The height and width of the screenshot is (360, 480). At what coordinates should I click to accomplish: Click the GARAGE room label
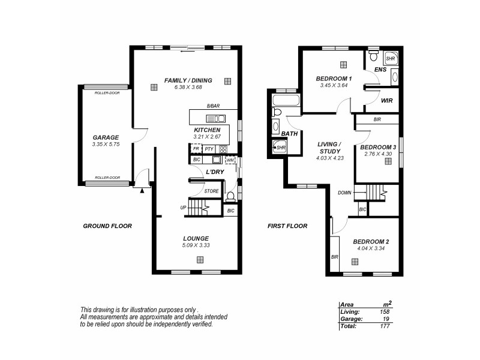coord(105,137)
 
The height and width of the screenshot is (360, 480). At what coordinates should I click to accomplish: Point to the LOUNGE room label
coord(196,238)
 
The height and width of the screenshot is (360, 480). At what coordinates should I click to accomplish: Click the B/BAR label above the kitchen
coord(213,106)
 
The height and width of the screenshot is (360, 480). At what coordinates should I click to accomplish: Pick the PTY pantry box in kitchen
coord(208,149)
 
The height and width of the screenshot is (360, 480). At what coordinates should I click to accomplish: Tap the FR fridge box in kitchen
coord(196,149)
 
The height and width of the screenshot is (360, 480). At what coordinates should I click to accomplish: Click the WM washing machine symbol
coord(230,160)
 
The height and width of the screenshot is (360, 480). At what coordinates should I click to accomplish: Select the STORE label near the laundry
coord(211,191)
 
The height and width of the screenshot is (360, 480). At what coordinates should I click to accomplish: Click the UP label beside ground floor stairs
coord(183,208)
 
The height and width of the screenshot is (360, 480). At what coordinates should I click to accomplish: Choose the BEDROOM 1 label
coord(334,79)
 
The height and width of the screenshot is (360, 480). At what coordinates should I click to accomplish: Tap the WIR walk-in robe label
coord(386,101)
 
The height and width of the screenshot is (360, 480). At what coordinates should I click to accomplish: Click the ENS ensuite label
coord(380,70)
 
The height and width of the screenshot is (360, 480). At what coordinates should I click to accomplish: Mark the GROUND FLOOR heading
coord(107,226)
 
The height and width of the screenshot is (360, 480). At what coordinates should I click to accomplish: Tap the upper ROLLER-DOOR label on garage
coord(106,93)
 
